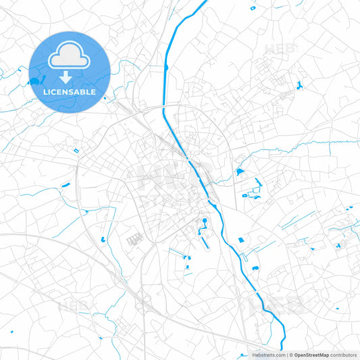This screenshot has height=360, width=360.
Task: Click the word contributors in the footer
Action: (344, 355)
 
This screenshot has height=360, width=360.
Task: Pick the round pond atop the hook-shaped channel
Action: (204, 220)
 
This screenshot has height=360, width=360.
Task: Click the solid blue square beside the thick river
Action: (239, 172)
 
